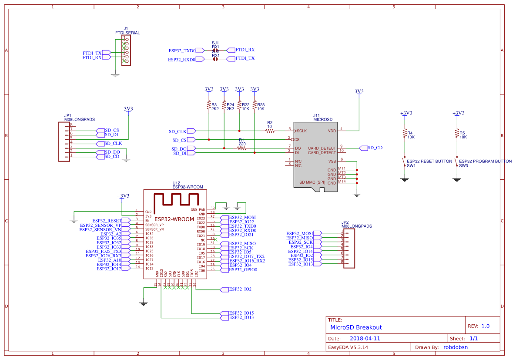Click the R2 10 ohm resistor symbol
coord(270,130)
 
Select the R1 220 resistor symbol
coord(242,148)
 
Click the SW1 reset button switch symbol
coord(404,163)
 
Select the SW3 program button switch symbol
coord(456,163)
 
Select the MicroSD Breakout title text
coord(356,327)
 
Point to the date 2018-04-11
coord(365,338)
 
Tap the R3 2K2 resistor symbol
coord(209,106)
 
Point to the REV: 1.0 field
coord(479,326)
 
